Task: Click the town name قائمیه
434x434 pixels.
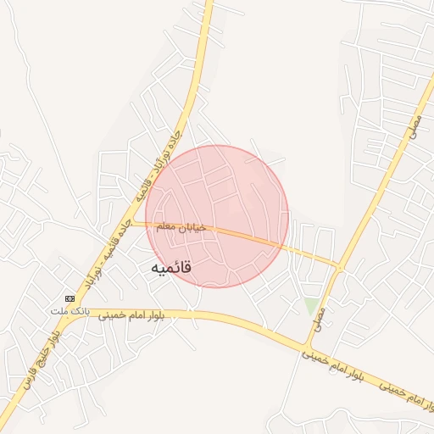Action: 171,268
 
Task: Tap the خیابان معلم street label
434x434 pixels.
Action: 177,228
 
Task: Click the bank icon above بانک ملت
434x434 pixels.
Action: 70,298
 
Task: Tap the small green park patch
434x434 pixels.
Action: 312,305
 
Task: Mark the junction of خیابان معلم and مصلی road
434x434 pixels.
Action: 340,268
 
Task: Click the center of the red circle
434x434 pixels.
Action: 217,216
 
